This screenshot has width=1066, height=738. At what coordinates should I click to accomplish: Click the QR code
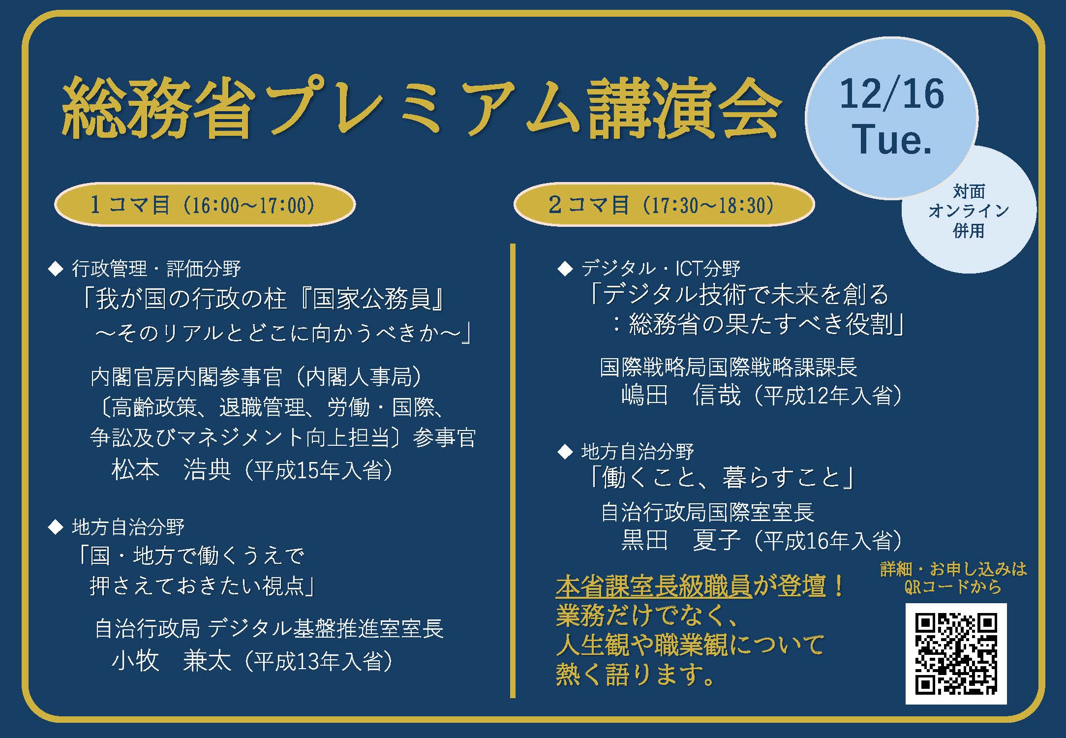[956, 653]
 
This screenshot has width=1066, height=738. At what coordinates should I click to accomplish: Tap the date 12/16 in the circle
[892, 94]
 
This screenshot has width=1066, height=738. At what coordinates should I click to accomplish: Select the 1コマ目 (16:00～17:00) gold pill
[205, 205]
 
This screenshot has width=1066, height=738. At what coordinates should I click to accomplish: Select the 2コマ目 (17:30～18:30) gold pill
[664, 205]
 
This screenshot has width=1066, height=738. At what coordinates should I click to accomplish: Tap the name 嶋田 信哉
[681, 395]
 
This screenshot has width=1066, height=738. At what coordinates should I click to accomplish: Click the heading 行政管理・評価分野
[156, 269]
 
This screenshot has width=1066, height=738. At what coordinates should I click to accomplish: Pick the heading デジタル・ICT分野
[661, 269]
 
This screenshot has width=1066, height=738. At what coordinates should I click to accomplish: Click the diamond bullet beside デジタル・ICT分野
[565, 269]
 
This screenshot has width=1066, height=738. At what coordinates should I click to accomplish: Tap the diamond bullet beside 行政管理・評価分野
[56, 269]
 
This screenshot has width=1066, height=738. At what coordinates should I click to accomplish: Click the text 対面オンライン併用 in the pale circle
[969, 211]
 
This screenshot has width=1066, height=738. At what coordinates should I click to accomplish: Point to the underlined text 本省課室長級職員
[654, 586]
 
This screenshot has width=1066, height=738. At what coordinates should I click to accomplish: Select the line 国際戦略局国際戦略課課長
[729, 367]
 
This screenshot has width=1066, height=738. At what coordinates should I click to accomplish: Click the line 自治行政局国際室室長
[707, 512]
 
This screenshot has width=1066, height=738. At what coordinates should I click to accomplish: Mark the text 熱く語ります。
[635, 675]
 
